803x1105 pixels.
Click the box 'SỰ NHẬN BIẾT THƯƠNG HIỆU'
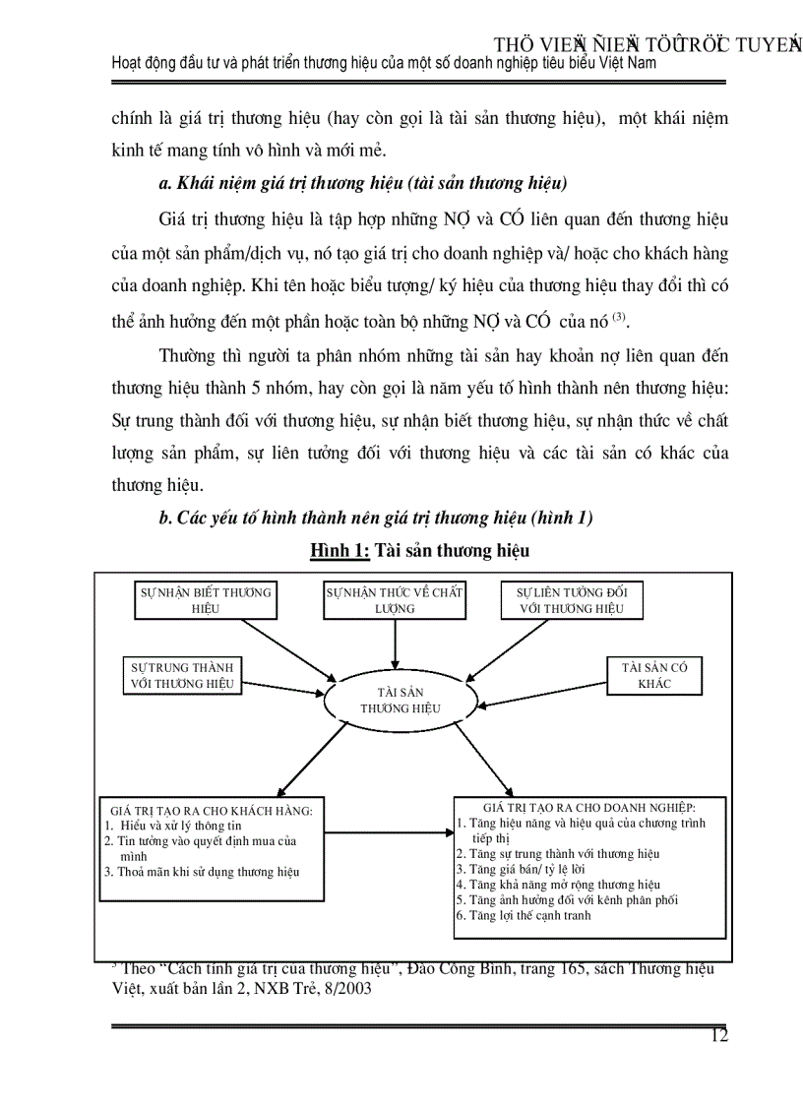[x=205, y=600]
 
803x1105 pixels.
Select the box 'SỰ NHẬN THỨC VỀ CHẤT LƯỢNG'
[x=395, y=600]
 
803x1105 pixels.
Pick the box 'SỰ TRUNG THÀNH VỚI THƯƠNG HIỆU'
[x=181, y=675]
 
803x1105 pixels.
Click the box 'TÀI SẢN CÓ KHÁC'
[x=654, y=675]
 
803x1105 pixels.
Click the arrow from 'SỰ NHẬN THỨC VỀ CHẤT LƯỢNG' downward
[x=395, y=645]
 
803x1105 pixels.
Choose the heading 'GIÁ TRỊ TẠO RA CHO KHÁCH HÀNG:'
[x=212, y=811]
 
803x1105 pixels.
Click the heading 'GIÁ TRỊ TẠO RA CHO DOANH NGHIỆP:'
[x=589, y=807]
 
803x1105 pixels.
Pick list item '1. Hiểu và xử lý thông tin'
[x=173, y=826]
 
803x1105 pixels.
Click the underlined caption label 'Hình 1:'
[x=340, y=551]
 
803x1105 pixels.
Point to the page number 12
[x=718, y=1035]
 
